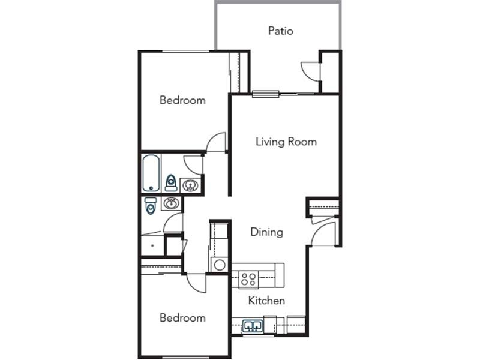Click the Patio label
tap(280, 31)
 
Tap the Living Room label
tap(286, 142)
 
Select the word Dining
tap(266, 232)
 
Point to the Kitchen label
tap(266, 301)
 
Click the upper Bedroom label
tap(182, 100)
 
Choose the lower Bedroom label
tap(182, 318)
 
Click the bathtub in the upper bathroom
tap(151, 173)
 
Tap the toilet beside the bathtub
tap(171, 183)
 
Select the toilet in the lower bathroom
tap(151, 206)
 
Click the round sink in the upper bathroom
tap(190, 185)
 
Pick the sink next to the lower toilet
tap(172, 203)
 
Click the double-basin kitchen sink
tap(253, 326)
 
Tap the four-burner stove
tap(248, 279)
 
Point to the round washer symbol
tap(220, 265)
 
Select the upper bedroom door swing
tap(216, 142)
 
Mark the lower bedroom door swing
tap(197, 283)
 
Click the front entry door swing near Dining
tap(323, 234)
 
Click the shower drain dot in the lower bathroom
tap(152, 245)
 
